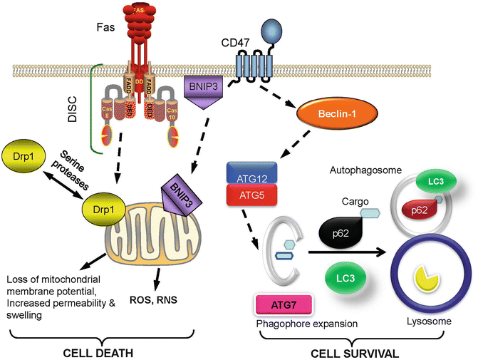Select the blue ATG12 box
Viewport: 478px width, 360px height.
click(255, 172)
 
